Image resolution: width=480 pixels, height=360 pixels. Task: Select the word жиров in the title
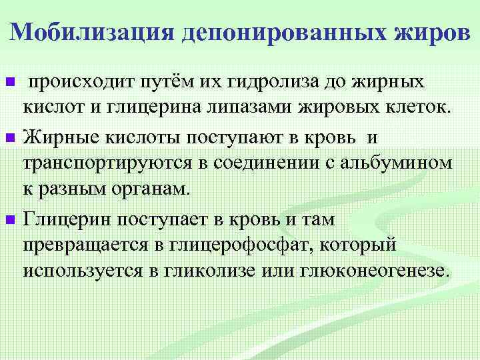click(433, 31)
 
